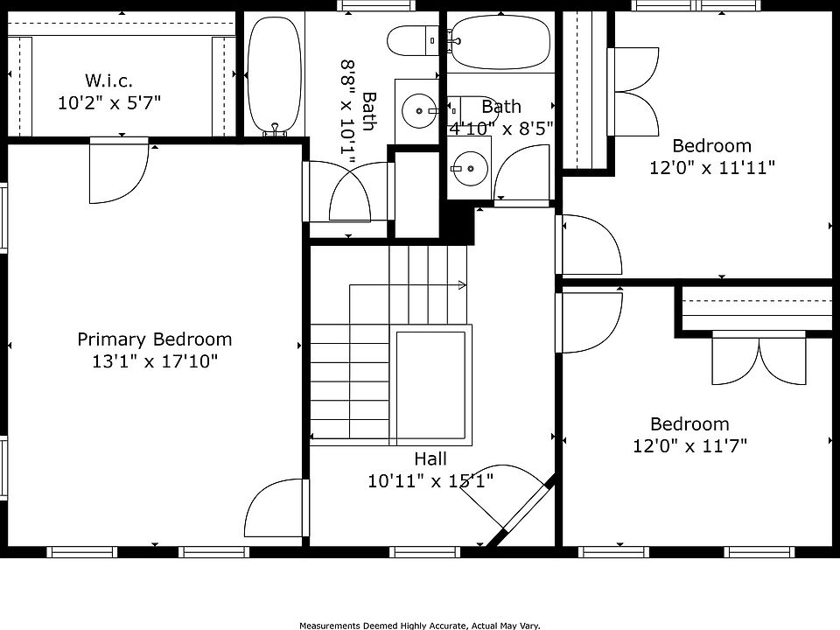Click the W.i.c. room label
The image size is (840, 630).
point(108,80)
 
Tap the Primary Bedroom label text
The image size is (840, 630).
point(155,339)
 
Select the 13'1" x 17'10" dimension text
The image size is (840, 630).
point(155,361)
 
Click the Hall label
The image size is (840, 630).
point(430,458)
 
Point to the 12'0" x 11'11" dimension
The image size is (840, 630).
point(712,168)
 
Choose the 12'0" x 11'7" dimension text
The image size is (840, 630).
point(690,445)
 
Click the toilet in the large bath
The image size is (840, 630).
point(413,40)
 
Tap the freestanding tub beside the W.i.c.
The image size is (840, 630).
point(275,74)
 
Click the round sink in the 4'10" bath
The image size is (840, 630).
point(469,168)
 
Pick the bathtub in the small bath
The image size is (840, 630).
point(500,41)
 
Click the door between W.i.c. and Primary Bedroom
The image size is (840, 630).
point(118,171)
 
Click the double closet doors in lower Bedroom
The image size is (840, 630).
point(759,357)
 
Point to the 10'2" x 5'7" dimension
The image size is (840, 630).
point(109,102)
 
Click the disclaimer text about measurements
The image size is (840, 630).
point(419,625)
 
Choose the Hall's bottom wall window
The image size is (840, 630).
point(424,552)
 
